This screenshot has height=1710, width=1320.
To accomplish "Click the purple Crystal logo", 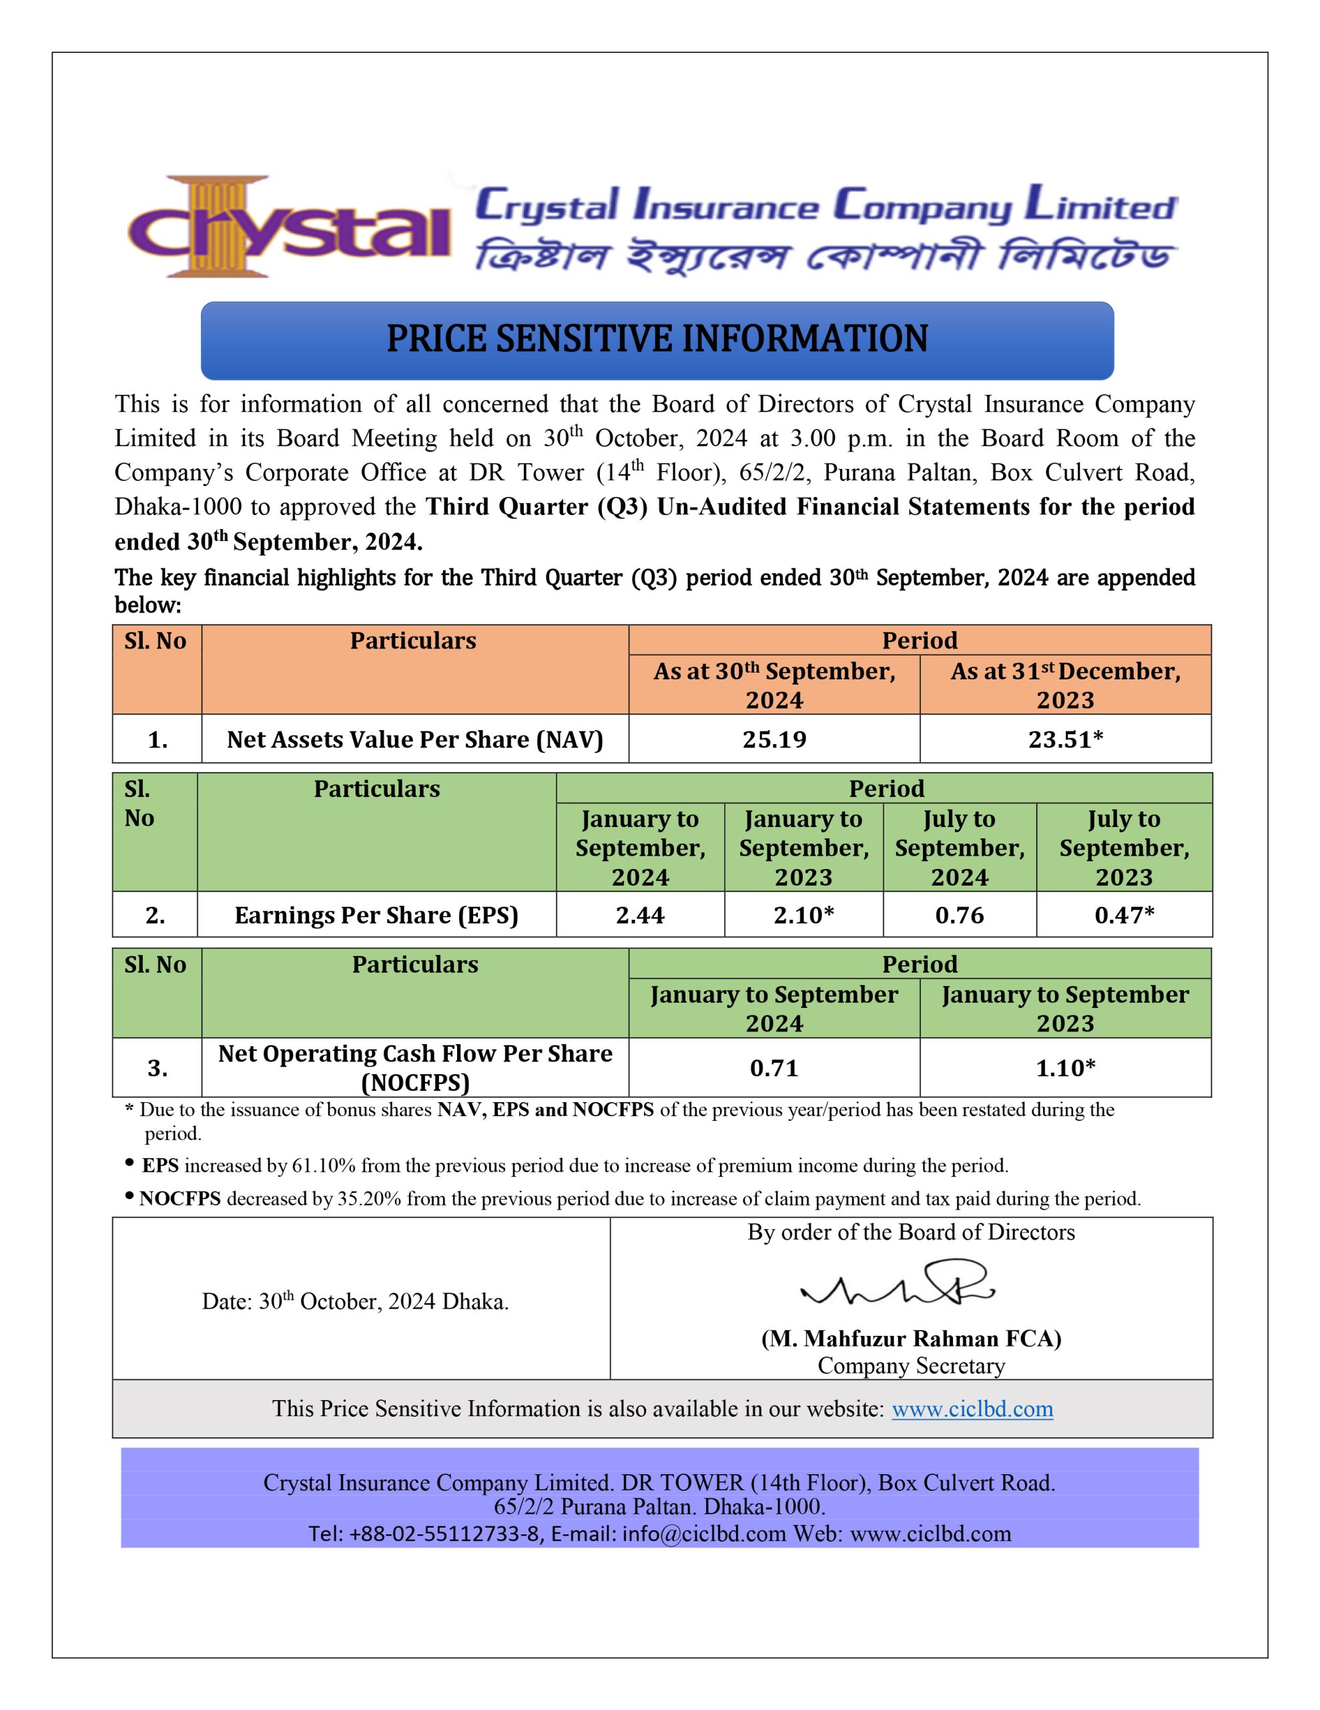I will pos(290,227).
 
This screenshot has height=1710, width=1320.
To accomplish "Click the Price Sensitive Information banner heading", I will pos(657,340).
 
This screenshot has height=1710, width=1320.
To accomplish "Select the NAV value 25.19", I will pos(774,739).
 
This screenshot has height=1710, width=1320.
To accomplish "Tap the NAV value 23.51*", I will pos(1065,739).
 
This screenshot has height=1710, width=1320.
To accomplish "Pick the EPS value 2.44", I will pos(639,914).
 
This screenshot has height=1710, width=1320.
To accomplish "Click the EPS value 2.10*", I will pos(803,914).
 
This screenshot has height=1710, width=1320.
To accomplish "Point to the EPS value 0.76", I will pos(959,914).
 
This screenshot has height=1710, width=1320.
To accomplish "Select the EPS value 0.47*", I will pos(1124,914).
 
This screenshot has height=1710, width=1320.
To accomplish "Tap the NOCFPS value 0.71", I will pos(774,1068).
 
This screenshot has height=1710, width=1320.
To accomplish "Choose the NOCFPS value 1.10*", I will pos(1065,1068).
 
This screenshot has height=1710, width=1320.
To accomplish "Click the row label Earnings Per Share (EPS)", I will pos(376,914).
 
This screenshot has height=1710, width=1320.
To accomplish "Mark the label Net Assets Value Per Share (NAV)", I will pos(414,739).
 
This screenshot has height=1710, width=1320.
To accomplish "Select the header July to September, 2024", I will pos(959,848).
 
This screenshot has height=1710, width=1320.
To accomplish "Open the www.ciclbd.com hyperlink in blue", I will pos(972,1409).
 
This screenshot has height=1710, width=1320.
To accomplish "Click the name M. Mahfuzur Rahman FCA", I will pos(911,1338).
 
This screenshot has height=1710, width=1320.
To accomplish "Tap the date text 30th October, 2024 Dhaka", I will pos(355,1301).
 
